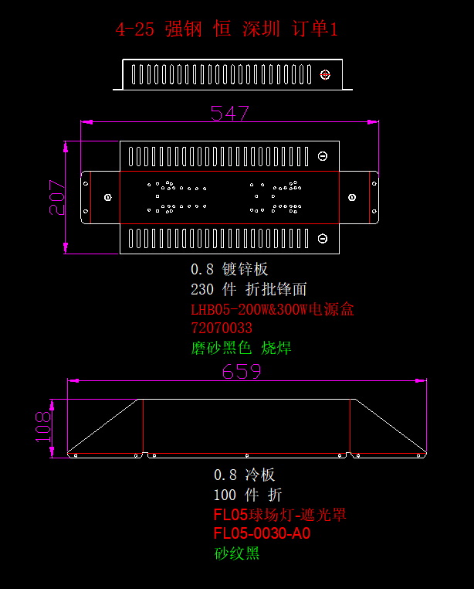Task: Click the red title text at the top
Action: click(227, 29)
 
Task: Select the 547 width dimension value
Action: click(230, 113)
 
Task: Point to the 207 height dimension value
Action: click(57, 197)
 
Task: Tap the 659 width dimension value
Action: click(242, 372)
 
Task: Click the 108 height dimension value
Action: click(42, 427)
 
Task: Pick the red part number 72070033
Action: click(222, 329)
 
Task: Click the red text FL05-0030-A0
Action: click(262, 533)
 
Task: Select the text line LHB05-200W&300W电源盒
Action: click(273, 309)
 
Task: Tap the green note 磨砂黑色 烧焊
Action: click(241, 348)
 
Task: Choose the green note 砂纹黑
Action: click(236, 553)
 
